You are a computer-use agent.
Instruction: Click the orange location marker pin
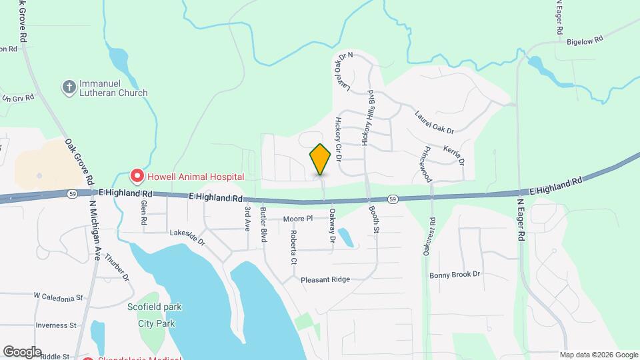(321, 159)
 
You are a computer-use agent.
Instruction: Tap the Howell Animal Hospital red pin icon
(137, 177)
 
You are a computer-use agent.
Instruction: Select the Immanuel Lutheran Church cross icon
(68, 87)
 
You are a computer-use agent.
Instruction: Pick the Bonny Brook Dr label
(455, 275)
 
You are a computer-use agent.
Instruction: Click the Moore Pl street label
(297, 219)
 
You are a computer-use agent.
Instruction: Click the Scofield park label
(155, 307)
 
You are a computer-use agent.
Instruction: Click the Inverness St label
(56, 325)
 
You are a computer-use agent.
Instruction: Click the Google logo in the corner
(22, 352)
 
